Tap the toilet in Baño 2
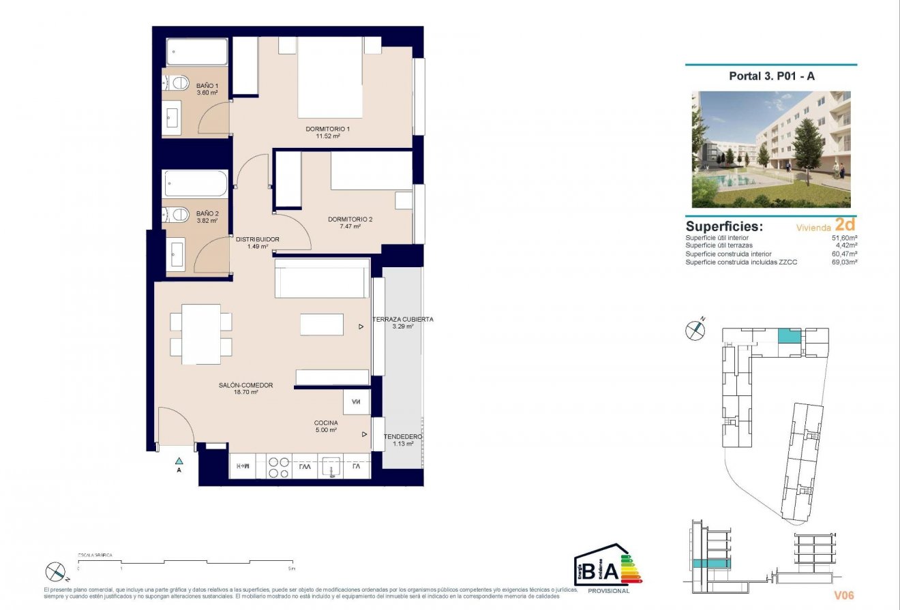pos(178,215)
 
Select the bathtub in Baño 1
pos(197,52)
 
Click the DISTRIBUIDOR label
pos(257,239)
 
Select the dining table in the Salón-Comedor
pos(201,334)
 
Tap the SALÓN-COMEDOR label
pos(245,385)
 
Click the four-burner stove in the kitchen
pos(278,467)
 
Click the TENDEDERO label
pos(402,436)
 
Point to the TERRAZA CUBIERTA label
pos(402,319)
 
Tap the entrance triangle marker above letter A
pos(179,461)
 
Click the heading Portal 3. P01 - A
pos(770,76)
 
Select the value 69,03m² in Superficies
pos(844,262)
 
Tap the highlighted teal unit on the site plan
pos(789,336)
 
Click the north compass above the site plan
pos(694,331)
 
